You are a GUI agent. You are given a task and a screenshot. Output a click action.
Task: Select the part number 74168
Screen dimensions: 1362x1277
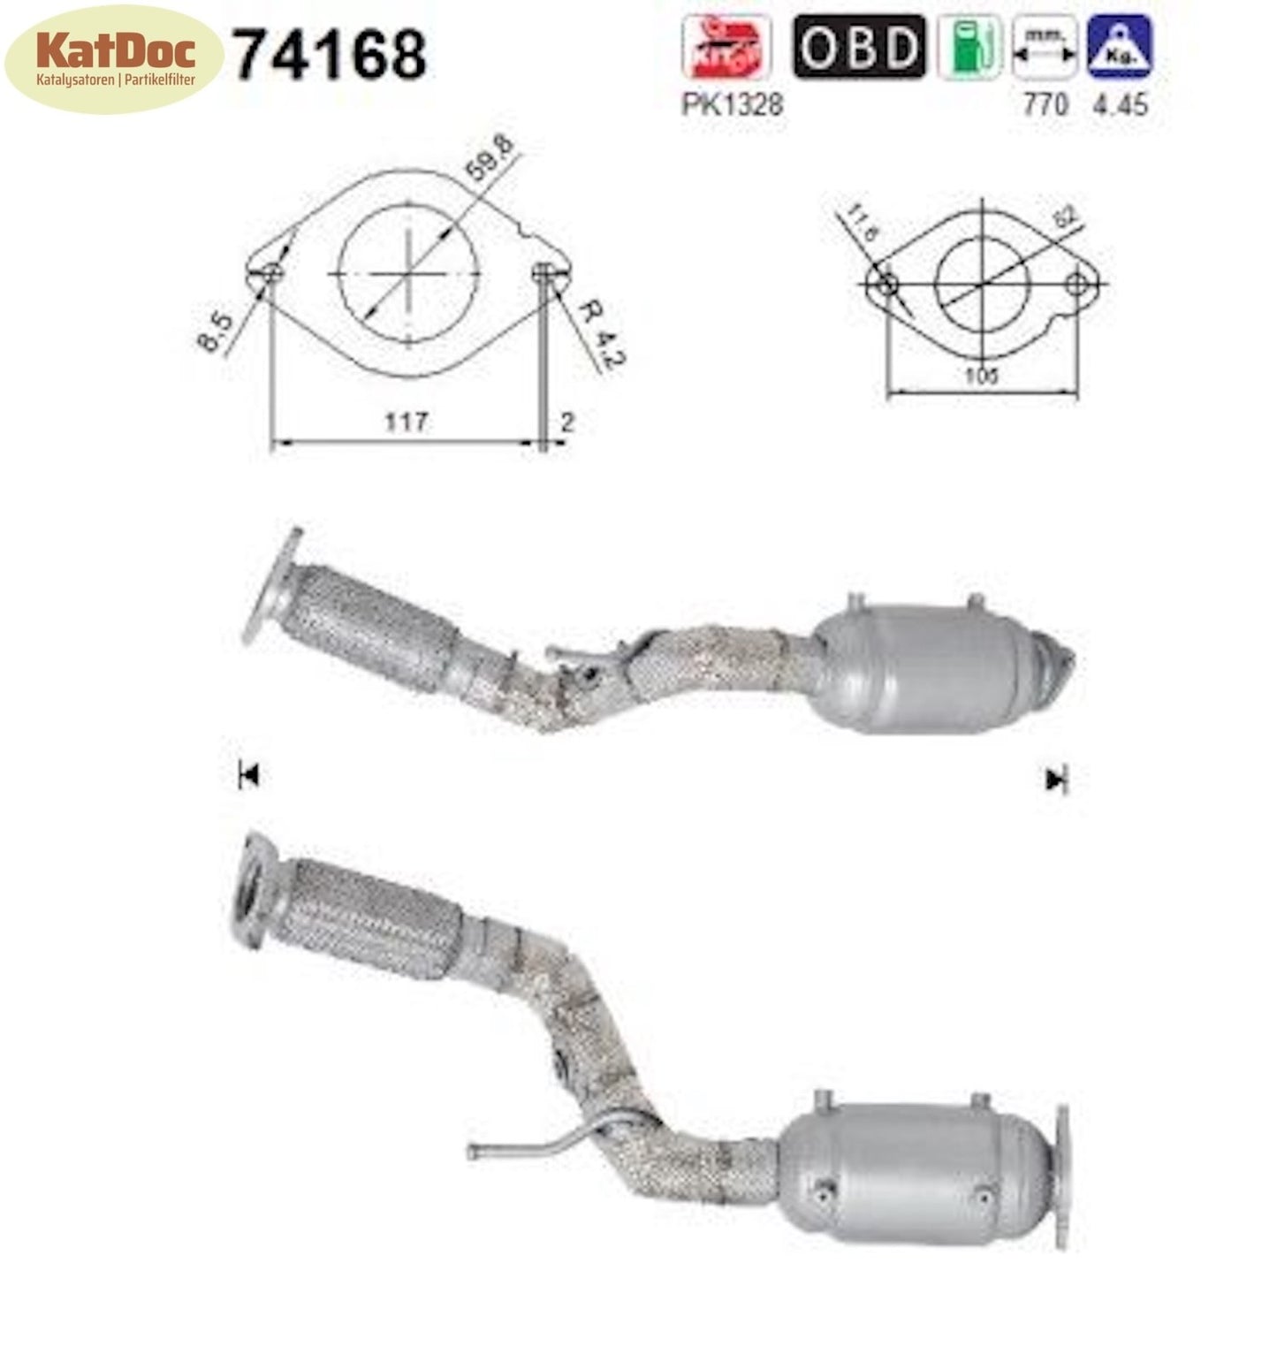pyautogui.click(x=330, y=55)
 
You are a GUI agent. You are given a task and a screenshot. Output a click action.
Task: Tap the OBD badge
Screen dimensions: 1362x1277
pyautogui.click(x=858, y=47)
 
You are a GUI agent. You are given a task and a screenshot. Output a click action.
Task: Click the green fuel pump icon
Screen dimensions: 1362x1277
pyautogui.click(x=969, y=48)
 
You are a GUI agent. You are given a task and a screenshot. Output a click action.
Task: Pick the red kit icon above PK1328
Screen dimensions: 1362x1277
pyautogui.click(x=726, y=48)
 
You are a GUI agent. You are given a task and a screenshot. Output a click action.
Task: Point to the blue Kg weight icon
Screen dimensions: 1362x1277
pyautogui.click(x=1120, y=48)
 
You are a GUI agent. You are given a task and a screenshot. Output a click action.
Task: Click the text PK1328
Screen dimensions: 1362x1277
pyautogui.click(x=732, y=104)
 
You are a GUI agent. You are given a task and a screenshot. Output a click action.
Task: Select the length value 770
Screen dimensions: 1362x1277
pyautogui.click(x=1045, y=104)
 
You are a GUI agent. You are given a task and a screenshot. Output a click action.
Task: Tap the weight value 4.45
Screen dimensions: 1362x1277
pyautogui.click(x=1121, y=104)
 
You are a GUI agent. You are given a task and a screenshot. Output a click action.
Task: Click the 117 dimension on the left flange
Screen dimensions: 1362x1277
pyautogui.click(x=406, y=422)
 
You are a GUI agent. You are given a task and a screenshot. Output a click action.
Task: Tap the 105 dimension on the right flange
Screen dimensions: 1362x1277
pyautogui.click(x=981, y=376)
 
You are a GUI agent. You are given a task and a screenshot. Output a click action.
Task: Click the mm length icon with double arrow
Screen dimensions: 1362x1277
pyautogui.click(x=1045, y=48)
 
